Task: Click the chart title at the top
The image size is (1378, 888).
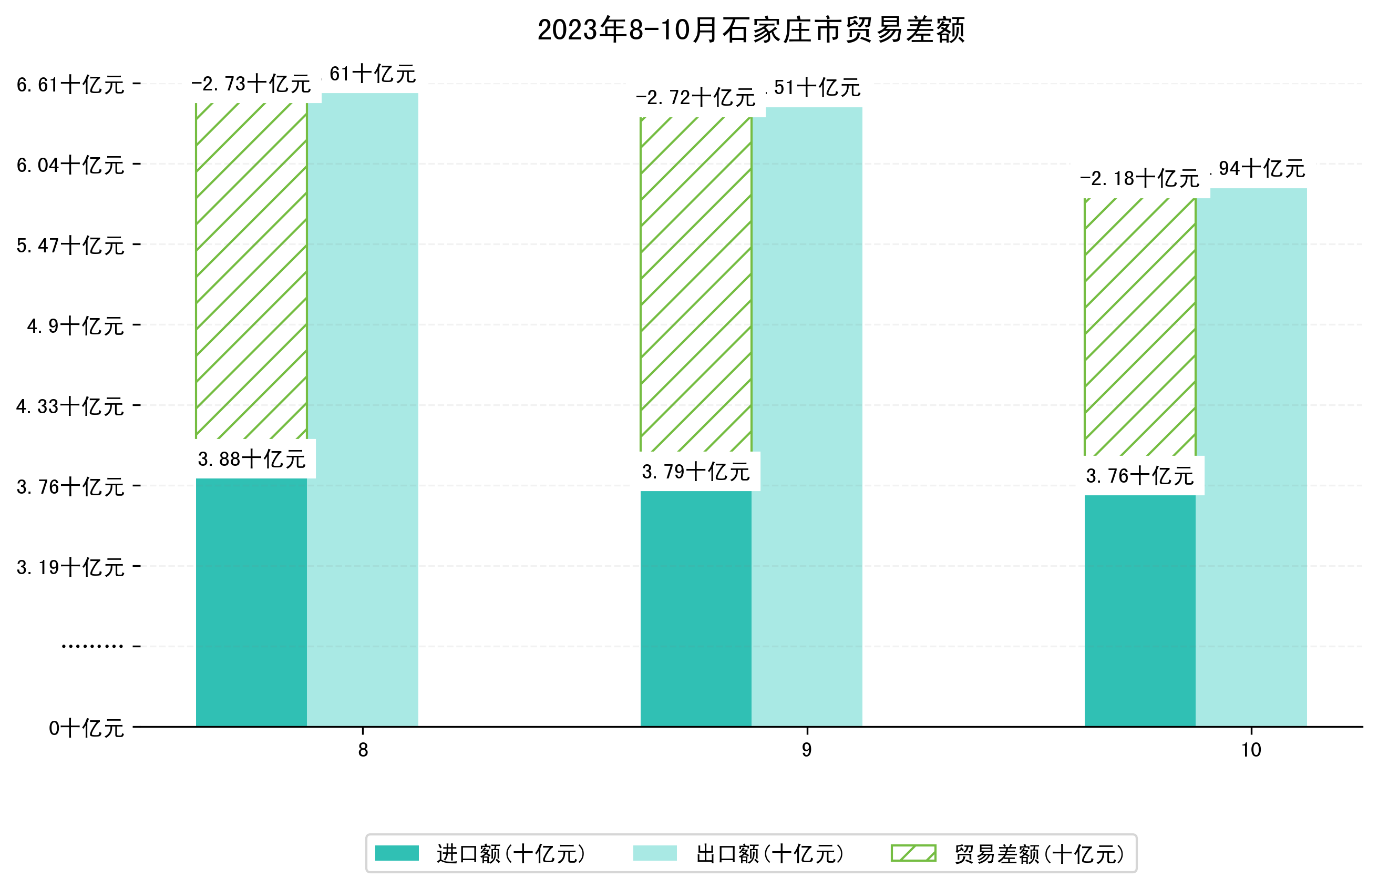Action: pos(750,30)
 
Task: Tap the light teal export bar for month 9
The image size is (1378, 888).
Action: pos(807,415)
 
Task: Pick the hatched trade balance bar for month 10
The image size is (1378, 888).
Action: pos(1139,327)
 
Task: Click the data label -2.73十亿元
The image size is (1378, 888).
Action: pos(251,84)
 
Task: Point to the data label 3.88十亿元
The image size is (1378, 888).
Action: pos(251,459)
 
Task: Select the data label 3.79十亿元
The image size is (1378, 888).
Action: pos(696,472)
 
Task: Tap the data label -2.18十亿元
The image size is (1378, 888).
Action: pos(1139,179)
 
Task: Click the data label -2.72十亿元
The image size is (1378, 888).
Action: pos(696,98)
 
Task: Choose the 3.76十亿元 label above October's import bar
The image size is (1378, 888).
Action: pos(1139,476)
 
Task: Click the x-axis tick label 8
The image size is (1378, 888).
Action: pos(363,750)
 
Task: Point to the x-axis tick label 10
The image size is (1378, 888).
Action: pos(1251,750)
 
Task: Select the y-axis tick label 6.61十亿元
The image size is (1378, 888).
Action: pos(70,85)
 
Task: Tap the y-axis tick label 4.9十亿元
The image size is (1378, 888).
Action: pos(76,326)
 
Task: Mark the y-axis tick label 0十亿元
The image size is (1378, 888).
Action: pos(86,728)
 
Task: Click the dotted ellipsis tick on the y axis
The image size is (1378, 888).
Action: pos(92,646)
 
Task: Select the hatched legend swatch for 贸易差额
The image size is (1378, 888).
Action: pos(913,853)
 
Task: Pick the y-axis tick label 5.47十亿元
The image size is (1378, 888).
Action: pos(70,246)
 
